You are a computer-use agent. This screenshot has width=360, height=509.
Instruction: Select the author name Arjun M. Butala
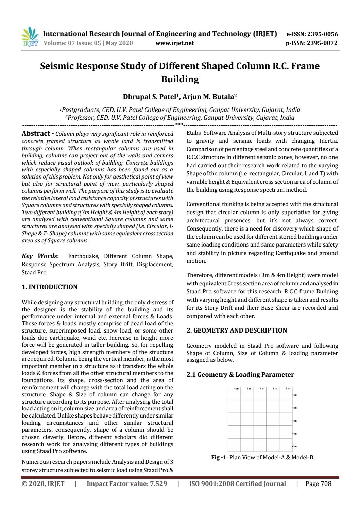tap(209, 97)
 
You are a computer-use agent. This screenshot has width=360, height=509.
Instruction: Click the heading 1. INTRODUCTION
tap(50, 287)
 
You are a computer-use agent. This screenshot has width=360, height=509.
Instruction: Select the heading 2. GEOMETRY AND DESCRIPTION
tap(237, 330)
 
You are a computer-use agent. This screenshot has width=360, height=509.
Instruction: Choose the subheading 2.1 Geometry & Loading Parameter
tap(240, 375)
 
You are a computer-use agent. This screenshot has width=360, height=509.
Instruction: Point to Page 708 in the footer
tap(319, 484)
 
